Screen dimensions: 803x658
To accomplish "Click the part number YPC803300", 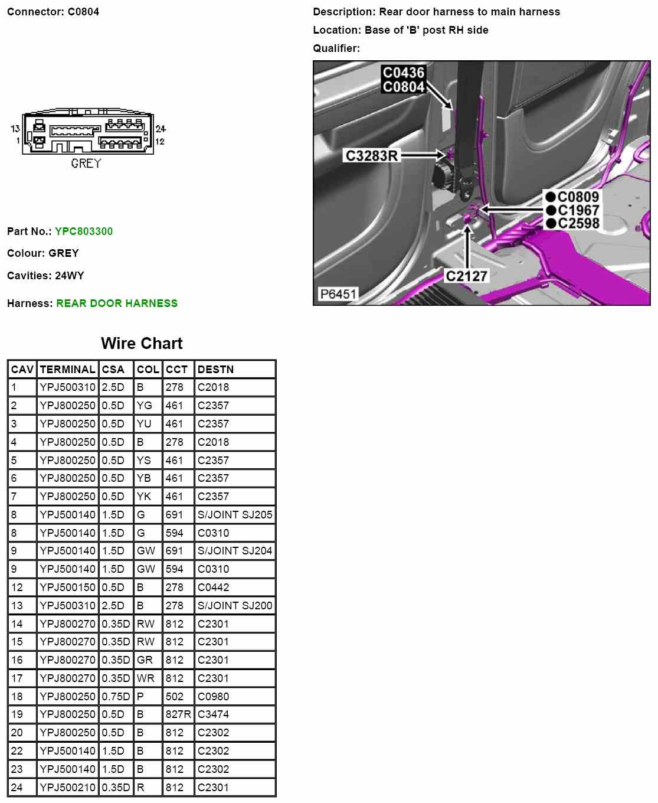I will pos(83,231).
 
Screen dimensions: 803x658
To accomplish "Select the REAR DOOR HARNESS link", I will pos(117,303).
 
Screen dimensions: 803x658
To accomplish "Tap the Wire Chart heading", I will pos(142,344).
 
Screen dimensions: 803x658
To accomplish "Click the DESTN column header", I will pos(215,370).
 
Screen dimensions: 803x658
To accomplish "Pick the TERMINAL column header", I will pos(67,370).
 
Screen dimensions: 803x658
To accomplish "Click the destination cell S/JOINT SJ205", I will pos(235,515).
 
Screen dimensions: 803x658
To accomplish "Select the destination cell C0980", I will pos(213,697).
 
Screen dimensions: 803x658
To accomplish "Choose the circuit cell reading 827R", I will pos(178,714).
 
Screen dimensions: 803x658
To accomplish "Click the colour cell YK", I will pos(143,497).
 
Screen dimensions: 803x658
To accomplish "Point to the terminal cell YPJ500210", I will pos(67,788).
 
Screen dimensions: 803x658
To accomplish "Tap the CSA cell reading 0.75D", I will pos(115,697).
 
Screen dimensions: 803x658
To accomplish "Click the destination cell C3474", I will pos(213,714).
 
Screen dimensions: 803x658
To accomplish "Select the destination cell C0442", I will pos(213,587).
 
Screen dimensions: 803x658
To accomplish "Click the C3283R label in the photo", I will pos(371,156).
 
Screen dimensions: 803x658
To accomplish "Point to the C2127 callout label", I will pos(466,276).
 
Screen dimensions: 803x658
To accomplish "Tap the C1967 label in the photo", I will pos(578,210).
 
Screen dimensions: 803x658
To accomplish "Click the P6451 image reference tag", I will pos(338,294).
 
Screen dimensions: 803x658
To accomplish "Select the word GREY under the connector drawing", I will pos(86,164).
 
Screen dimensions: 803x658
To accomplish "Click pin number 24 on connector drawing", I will pos(161,129).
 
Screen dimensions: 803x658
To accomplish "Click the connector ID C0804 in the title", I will pos(83,12).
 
